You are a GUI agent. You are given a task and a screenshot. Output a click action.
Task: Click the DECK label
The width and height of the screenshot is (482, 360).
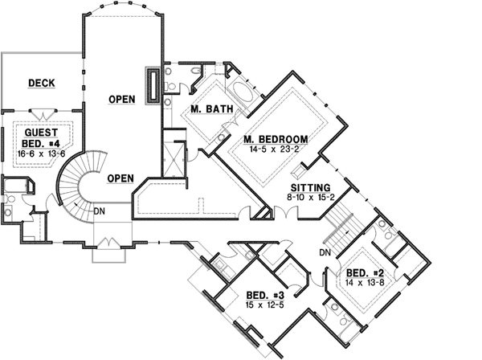[x=41, y=83]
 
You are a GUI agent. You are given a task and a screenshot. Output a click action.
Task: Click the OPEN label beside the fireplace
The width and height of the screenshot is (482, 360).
[x=121, y=100]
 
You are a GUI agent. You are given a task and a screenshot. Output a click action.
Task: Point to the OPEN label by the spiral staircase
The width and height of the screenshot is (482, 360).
[x=120, y=178]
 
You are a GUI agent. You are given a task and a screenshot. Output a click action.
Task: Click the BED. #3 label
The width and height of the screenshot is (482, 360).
[x=261, y=294]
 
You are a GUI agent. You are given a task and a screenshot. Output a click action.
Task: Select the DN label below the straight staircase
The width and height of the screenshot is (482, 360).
[x=325, y=252]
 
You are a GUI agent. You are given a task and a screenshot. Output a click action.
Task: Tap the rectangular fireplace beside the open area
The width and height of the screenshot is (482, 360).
[x=151, y=85]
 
